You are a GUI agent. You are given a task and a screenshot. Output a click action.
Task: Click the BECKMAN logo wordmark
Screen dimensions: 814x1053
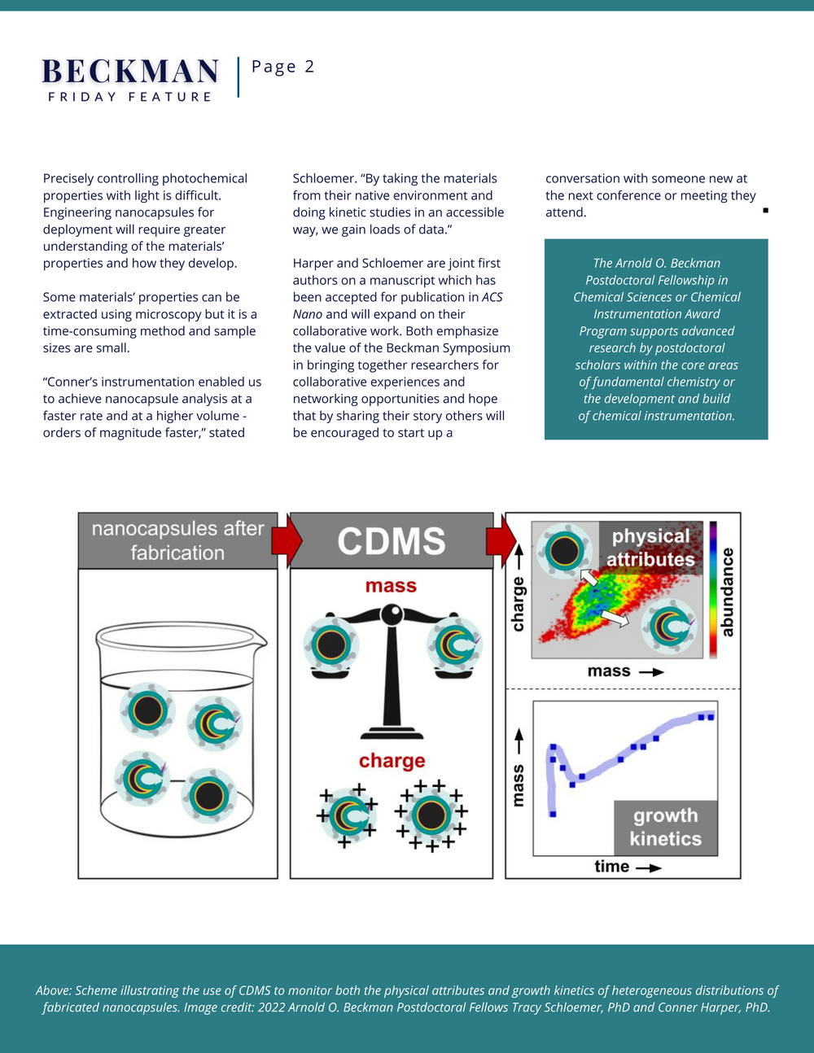(x=130, y=72)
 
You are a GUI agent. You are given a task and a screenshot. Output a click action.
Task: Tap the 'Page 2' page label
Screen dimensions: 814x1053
(x=283, y=67)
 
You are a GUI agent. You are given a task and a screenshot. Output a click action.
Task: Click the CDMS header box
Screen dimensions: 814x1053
(x=392, y=540)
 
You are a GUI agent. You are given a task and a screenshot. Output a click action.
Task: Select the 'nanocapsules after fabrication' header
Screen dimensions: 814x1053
(x=177, y=540)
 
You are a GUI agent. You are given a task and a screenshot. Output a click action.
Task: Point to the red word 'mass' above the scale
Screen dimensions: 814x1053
(x=391, y=586)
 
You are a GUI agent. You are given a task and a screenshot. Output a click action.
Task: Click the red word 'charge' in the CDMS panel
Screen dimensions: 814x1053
(x=392, y=762)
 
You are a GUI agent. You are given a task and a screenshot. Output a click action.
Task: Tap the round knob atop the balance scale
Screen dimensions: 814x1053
(x=392, y=614)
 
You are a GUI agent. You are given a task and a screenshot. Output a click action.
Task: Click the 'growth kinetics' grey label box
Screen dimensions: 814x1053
(x=666, y=828)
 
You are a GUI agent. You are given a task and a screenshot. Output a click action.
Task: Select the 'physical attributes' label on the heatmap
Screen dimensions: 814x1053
(x=650, y=548)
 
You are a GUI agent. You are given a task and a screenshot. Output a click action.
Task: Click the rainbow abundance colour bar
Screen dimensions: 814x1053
(x=713, y=590)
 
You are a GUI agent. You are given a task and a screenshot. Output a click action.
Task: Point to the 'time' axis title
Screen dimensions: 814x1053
(x=612, y=867)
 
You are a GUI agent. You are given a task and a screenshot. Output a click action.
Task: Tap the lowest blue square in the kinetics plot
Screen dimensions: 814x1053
(x=553, y=815)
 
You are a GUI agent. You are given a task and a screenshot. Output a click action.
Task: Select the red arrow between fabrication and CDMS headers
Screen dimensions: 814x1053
(x=287, y=540)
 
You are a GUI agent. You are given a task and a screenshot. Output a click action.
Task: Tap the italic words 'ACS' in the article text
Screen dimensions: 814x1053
(x=492, y=297)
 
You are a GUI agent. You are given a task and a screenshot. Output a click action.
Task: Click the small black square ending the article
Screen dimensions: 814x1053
(x=765, y=210)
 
